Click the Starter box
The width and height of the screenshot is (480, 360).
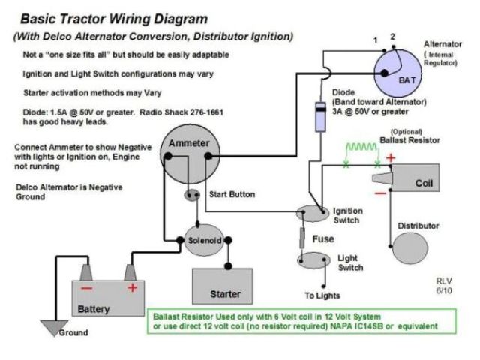pyautogui.click(x=223, y=286)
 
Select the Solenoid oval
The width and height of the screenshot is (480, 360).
pyautogui.click(x=204, y=240)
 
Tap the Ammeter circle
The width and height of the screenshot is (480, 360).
pyautogui.click(x=190, y=154)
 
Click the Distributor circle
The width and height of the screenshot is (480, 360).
pyautogui.click(x=410, y=248)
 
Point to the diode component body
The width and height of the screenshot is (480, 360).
pyautogui.click(x=320, y=117)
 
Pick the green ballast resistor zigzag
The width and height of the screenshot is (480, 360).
pyautogui.click(x=361, y=148)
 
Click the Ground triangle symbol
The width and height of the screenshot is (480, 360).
pyautogui.click(x=54, y=328)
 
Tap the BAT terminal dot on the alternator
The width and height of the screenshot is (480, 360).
pyautogui.click(x=385, y=73)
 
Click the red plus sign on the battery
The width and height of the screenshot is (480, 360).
pyautogui.click(x=132, y=288)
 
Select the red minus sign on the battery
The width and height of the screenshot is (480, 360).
pyautogui.click(x=87, y=288)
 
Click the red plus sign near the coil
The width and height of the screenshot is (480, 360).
pyautogui.click(x=391, y=158)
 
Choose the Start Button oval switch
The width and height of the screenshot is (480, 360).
pyautogui.click(x=192, y=195)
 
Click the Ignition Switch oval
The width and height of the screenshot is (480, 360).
pyautogui.click(x=313, y=213)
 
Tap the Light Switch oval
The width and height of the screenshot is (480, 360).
pyautogui.click(x=313, y=260)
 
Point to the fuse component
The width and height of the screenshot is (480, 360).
pyautogui.click(x=302, y=238)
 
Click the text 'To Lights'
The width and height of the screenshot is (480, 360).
pyautogui.click(x=322, y=295)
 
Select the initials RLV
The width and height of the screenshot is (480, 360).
pyautogui.click(x=444, y=280)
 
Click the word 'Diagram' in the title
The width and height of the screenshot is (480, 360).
pyautogui.click(x=180, y=19)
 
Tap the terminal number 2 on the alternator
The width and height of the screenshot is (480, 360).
pyautogui.click(x=392, y=37)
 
